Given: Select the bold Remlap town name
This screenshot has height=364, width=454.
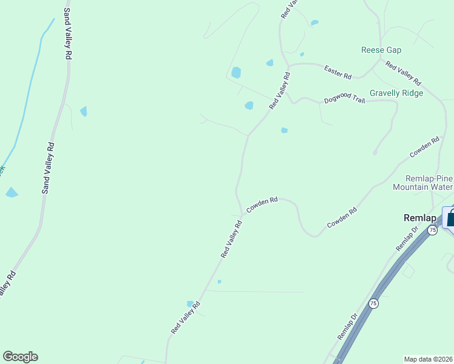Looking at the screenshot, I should [x=420, y=217].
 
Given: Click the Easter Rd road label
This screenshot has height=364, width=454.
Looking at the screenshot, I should [x=338, y=73].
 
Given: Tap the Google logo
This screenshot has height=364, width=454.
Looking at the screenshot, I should [x=20, y=357].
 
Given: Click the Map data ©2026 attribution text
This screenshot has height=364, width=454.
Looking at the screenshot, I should [x=429, y=359].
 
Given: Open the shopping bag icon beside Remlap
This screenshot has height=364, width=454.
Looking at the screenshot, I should [x=450, y=218].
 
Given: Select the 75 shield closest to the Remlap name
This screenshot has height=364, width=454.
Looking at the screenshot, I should [x=432, y=230].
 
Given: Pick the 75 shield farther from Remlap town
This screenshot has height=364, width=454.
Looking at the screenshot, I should [x=373, y=303].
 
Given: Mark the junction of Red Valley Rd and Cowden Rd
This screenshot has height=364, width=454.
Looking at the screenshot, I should [x=243, y=214].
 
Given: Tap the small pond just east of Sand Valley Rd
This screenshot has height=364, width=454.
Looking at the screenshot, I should [x=83, y=111].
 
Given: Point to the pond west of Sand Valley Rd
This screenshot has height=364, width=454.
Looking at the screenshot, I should [x=12, y=193].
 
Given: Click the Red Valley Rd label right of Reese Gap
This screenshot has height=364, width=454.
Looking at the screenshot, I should [x=403, y=73].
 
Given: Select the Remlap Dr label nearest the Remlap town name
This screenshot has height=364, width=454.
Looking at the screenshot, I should [x=407, y=239].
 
